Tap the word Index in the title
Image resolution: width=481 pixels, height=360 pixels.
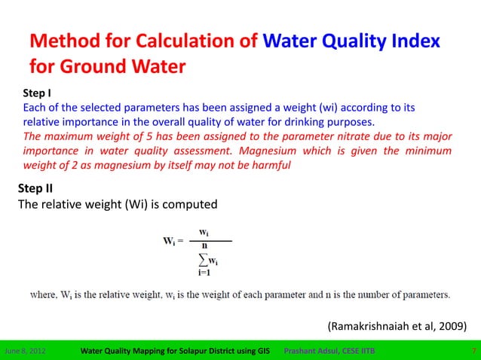[414, 41]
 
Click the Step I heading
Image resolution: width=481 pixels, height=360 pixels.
[37, 94]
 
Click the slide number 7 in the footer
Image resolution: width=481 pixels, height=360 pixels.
[473, 351]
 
